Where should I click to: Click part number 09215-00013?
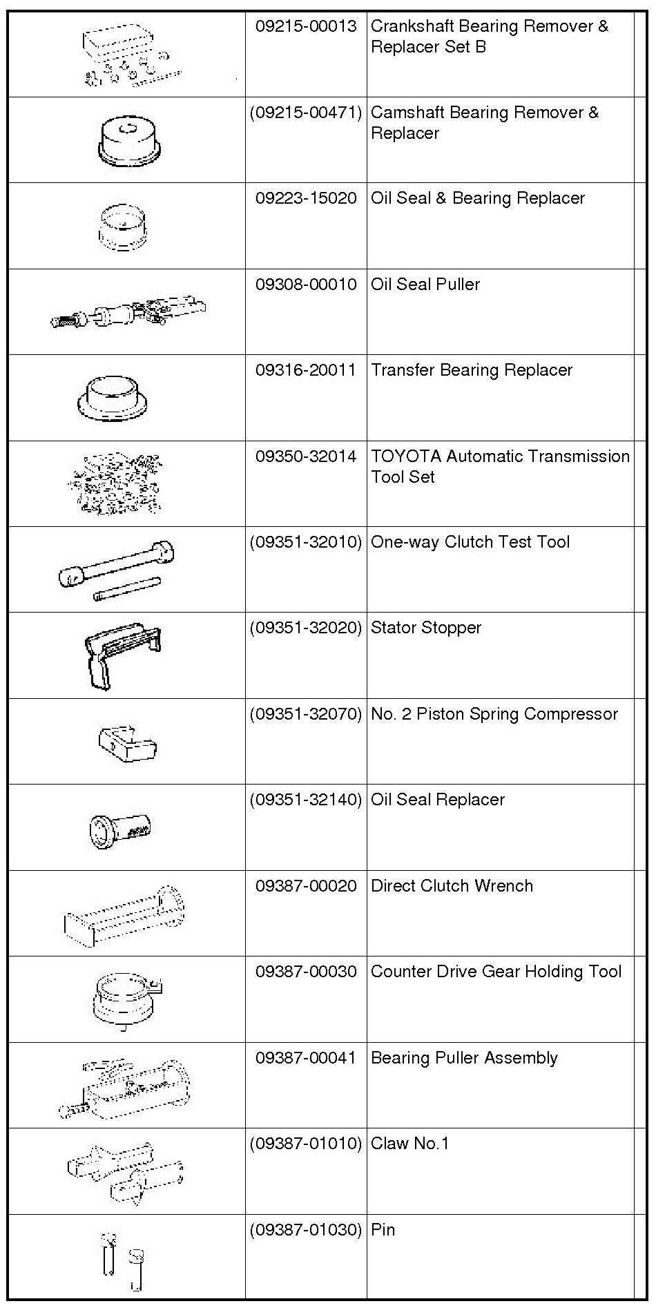click(x=306, y=26)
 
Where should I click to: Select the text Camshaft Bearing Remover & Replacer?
click(x=484, y=122)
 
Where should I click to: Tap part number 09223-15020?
click(x=306, y=198)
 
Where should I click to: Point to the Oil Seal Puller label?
click(x=425, y=285)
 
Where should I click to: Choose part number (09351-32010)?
click(x=306, y=542)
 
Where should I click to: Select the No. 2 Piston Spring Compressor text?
click(x=494, y=714)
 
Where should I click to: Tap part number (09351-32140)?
click(x=306, y=800)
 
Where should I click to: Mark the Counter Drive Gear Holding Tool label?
click(x=496, y=972)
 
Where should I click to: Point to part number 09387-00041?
click(x=306, y=1058)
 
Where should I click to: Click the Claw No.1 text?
click(x=410, y=1144)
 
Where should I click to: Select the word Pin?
click(x=383, y=1230)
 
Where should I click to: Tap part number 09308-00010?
click(x=306, y=285)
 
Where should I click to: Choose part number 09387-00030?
click(x=306, y=972)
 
